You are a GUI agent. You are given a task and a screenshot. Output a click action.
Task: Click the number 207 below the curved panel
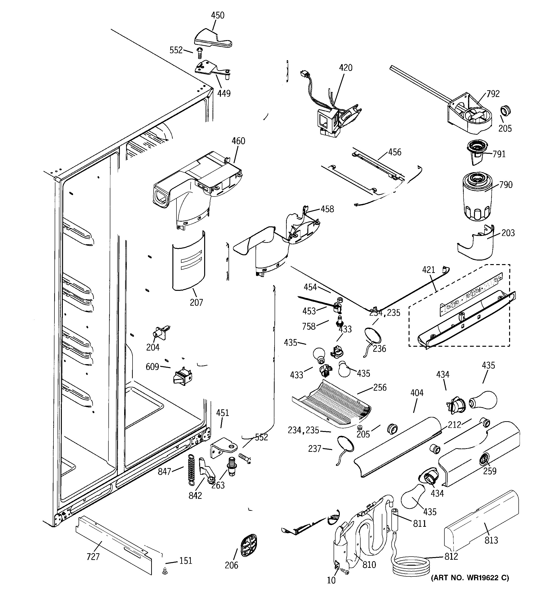[196, 302]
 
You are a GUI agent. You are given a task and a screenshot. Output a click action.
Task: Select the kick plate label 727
[93, 557]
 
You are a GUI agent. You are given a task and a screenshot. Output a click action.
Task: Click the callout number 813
[491, 540]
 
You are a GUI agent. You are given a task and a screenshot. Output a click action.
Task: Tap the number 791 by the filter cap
[499, 154]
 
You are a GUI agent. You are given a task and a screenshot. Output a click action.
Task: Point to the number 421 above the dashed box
[428, 270]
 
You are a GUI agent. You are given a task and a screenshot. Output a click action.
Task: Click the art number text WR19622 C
[470, 578]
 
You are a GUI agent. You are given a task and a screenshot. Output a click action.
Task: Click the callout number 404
[417, 393]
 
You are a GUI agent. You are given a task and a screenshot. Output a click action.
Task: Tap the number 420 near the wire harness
[346, 68]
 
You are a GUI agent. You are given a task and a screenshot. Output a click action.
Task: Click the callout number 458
[327, 209]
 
